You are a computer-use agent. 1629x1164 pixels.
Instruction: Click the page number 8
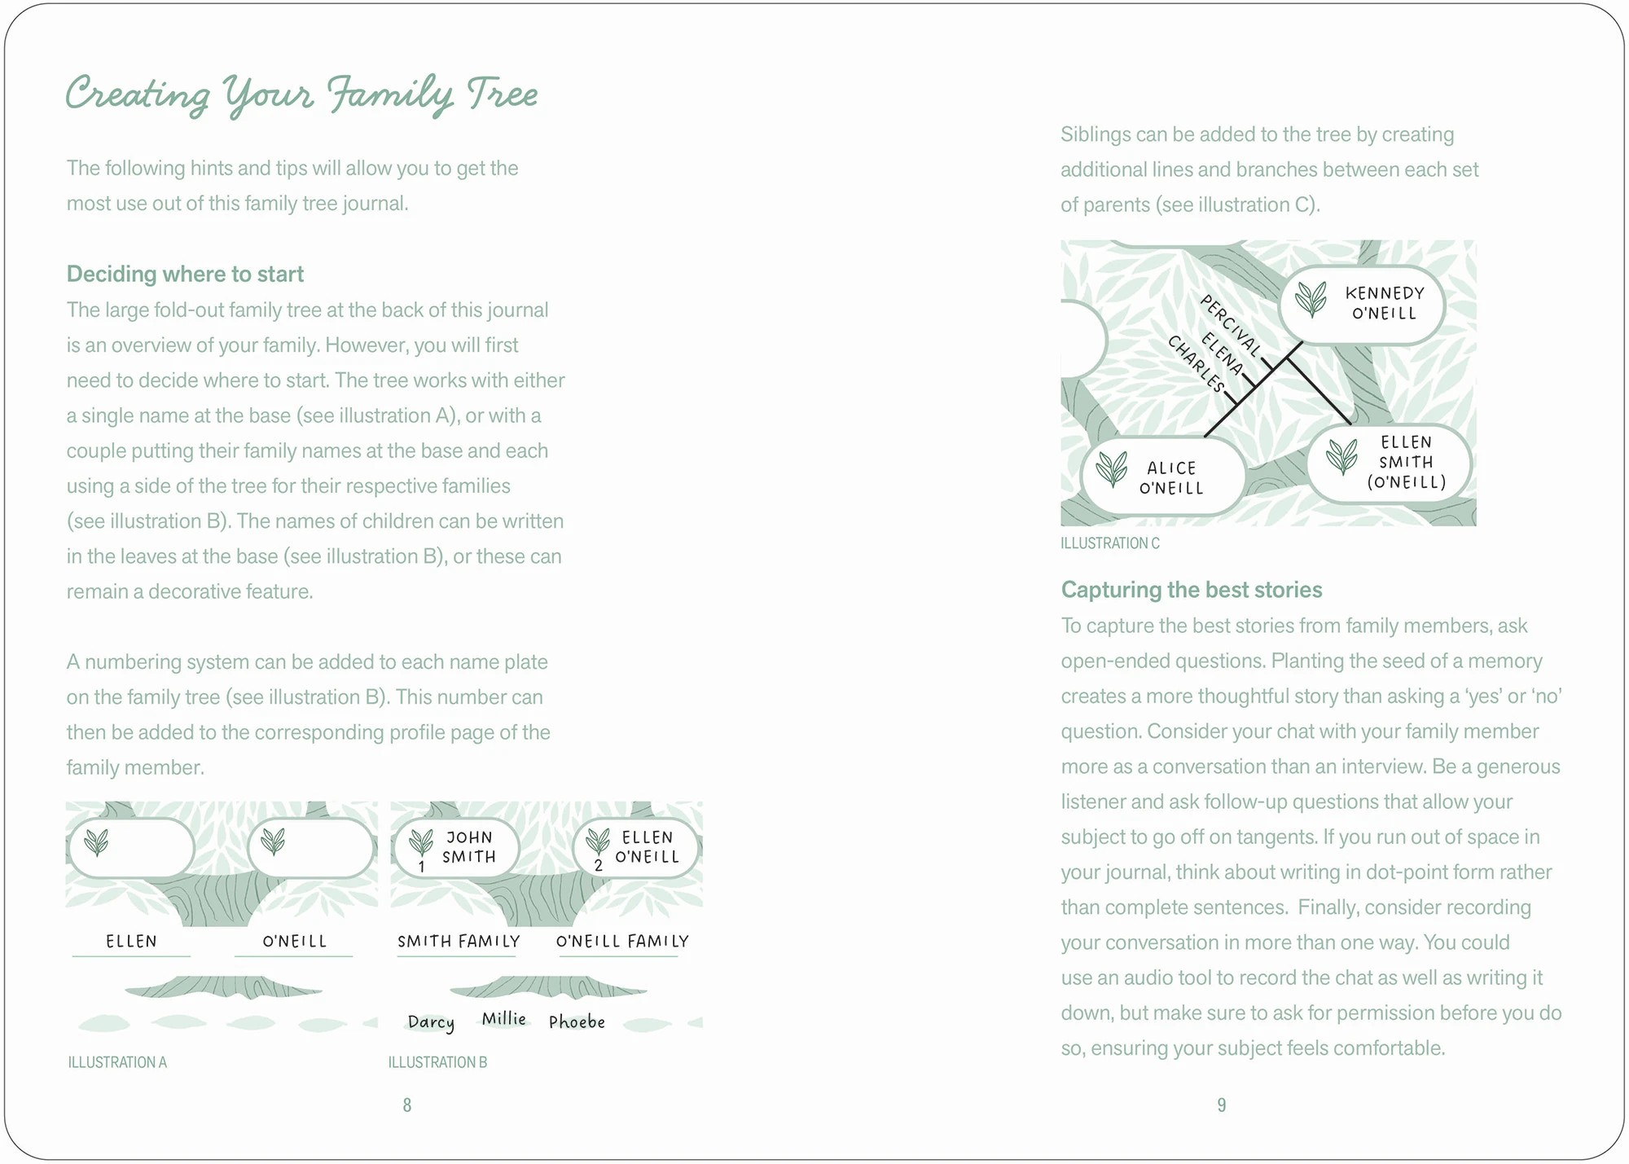[407, 1105]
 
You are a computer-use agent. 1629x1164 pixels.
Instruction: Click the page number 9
[1221, 1105]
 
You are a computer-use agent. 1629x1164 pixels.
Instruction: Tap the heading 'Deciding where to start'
[185, 274]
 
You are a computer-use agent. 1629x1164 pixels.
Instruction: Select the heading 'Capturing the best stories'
[1191, 590]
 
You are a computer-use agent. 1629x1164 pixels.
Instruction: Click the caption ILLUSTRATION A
[117, 1062]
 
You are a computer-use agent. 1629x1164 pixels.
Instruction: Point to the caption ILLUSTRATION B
[437, 1062]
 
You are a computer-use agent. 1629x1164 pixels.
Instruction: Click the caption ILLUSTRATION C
[1109, 543]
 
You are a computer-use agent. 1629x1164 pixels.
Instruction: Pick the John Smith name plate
[457, 847]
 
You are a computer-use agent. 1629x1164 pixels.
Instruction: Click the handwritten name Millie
[503, 1019]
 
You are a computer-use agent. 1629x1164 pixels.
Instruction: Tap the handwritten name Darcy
[431, 1022]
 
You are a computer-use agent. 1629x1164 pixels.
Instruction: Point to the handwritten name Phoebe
[577, 1022]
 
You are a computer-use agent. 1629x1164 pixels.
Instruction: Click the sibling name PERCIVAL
[1231, 326]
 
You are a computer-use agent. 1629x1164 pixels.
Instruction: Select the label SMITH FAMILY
[459, 942]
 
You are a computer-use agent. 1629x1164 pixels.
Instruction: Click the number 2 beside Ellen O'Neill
[599, 866]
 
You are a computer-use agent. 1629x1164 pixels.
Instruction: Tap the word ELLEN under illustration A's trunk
[131, 942]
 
